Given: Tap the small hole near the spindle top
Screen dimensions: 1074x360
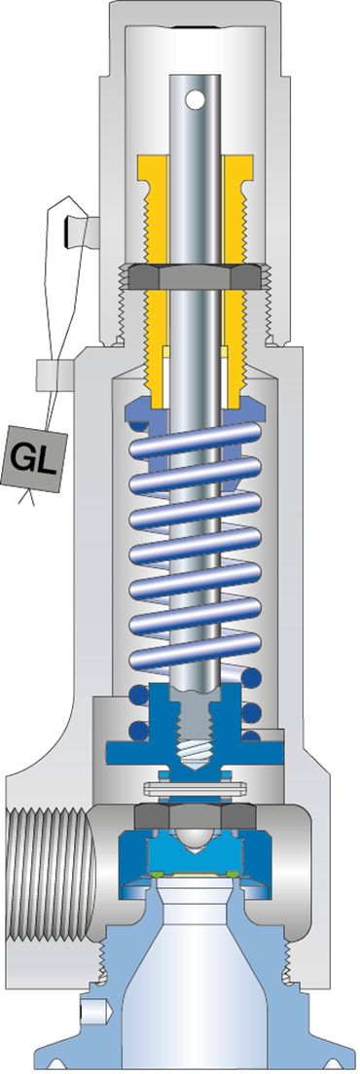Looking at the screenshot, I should (198, 98).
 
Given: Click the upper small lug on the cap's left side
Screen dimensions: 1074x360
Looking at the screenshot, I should (81, 232).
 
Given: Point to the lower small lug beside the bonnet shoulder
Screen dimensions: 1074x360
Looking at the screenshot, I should (54, 374).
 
